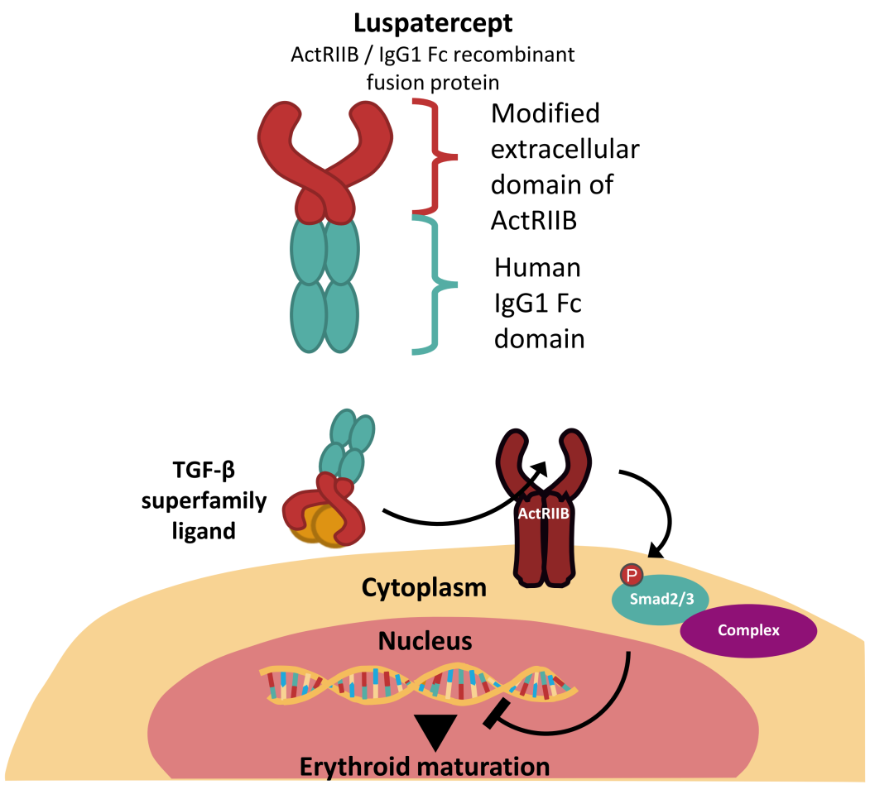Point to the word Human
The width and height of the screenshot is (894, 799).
coord(537,269)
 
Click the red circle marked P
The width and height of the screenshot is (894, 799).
coord(631,575)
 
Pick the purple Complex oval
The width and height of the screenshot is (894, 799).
coord(748,630)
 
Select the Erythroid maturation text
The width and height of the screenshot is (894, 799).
coord(424,766)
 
